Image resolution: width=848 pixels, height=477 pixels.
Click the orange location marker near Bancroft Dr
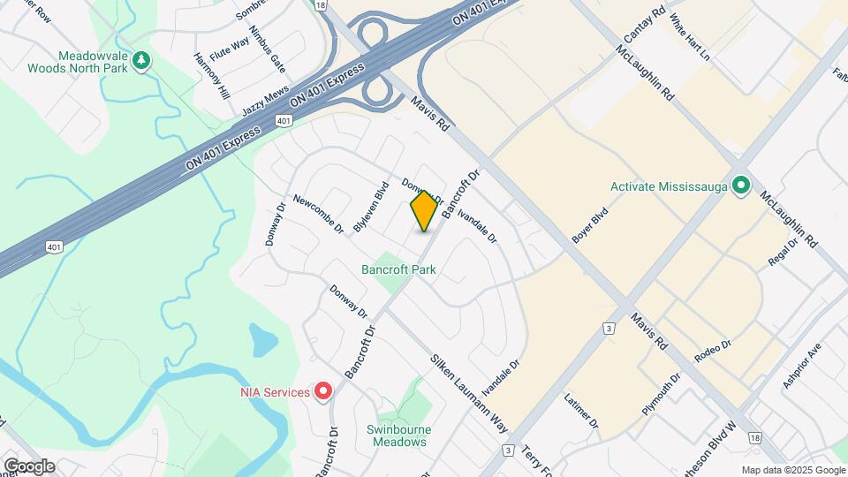(424, 210)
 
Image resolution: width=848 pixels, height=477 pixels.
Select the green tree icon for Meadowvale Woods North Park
(142, 60)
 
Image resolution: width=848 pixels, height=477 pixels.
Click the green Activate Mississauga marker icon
(741, 187)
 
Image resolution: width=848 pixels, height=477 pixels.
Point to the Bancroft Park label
(399, 269)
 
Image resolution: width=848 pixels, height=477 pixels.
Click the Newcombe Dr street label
(318, 215)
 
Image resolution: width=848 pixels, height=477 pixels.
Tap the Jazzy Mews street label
(265, 102)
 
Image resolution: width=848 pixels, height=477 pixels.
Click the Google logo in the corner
(29, 466)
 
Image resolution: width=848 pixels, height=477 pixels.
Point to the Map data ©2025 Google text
(792, 471)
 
